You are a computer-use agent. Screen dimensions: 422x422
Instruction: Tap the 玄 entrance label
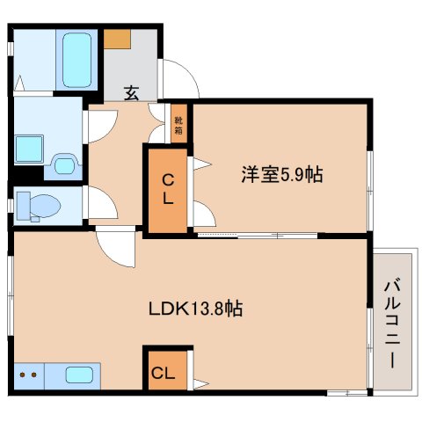point(130,91)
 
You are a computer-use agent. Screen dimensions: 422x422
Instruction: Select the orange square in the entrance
point(117,40)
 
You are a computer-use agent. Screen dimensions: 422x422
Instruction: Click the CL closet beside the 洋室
point(167,190)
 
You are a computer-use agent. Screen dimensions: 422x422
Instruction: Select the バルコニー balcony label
point(390,324)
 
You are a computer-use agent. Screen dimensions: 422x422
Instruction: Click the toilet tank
point(23,205)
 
